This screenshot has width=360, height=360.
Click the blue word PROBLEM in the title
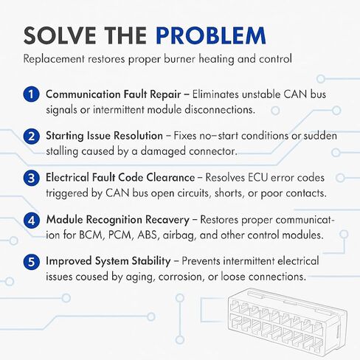click(211, 35)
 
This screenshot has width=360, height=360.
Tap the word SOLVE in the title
click(60, 35)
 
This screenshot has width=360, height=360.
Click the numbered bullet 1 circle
click(31, 94)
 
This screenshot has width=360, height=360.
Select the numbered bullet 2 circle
click(31, 136)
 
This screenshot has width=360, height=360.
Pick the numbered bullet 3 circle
click(31, 178)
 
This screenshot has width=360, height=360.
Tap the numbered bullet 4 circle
click(31, 221)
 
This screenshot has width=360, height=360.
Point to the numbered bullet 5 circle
click(31, 262)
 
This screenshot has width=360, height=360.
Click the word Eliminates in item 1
click(215, 94)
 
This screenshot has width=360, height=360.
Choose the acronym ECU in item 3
click(257, 178)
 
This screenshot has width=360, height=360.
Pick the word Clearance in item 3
click(170, 178)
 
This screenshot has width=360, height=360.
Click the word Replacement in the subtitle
click(54, 59)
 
